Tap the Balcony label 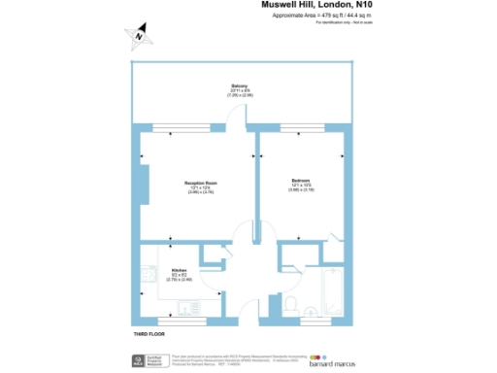tap(240, 85)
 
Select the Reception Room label tap(201, 183)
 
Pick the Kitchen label tap(179, 270)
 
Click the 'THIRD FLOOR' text tap(149, 335)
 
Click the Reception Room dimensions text tap(201, 191)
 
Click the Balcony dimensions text tap(240, 94)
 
